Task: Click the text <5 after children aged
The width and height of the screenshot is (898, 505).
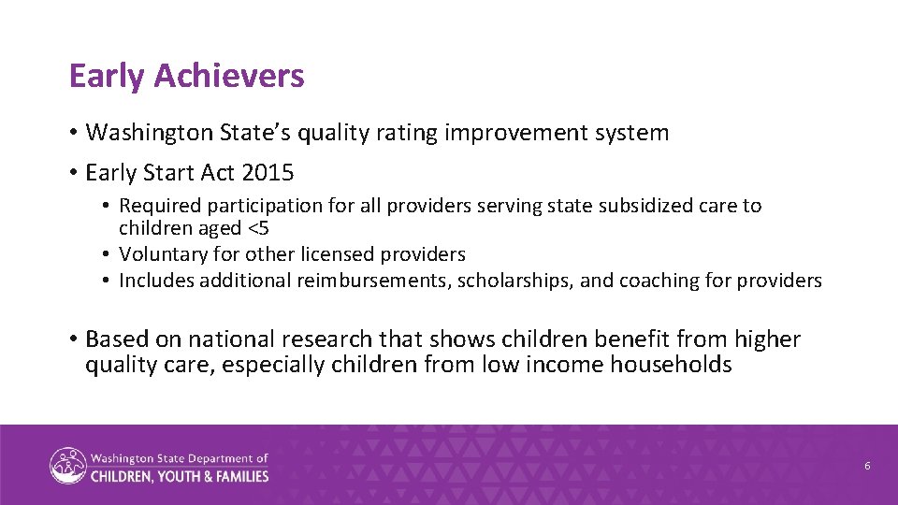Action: pos(259,228)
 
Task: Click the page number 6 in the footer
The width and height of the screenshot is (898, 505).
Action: pos(867,466)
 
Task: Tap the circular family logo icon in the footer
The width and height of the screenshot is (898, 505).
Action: pos(67,466)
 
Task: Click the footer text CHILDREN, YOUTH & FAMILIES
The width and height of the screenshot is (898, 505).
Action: pos(180,476)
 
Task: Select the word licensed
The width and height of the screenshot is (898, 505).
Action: pos(347,254)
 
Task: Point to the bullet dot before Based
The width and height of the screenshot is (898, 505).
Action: pos(74,339)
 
